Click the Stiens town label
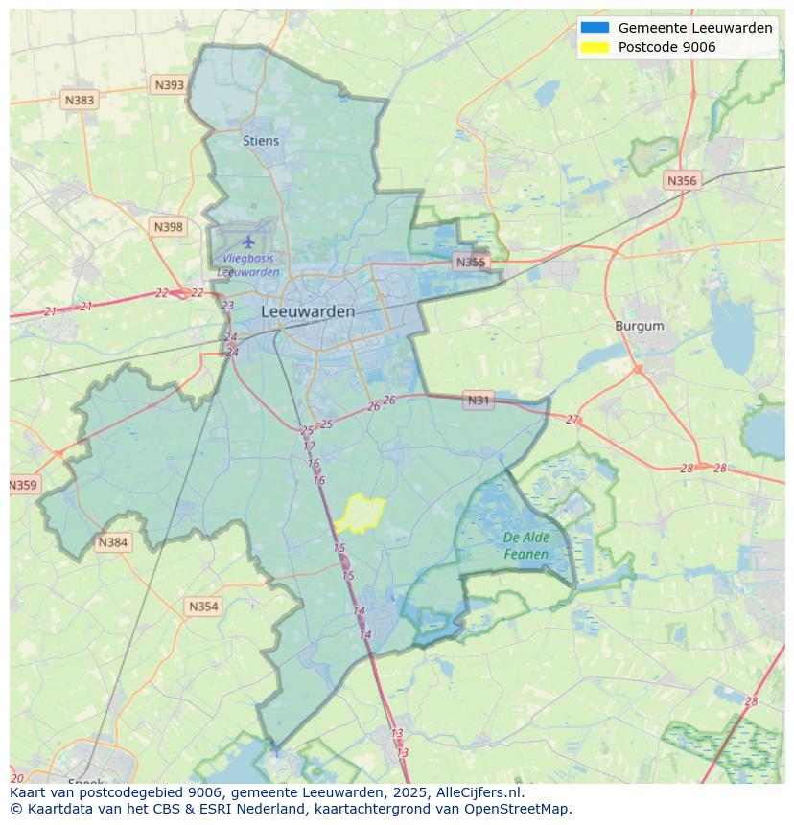point(261,141)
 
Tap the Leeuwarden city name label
point(307,311)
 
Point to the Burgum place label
point(639,326)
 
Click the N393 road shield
point(169,85)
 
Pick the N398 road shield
point(168,227)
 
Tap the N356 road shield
point(682,180)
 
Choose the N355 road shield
point(471,262)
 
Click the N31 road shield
point(478,401)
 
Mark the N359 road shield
point(23,485)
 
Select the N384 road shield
point(112,542)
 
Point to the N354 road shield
point(203,607)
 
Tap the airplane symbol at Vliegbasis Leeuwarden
point(249,241)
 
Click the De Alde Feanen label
point(526,546)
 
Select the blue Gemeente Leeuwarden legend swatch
point(595,28)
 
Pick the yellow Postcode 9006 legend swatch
point(595,47)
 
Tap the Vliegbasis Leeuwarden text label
point(248,264)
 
